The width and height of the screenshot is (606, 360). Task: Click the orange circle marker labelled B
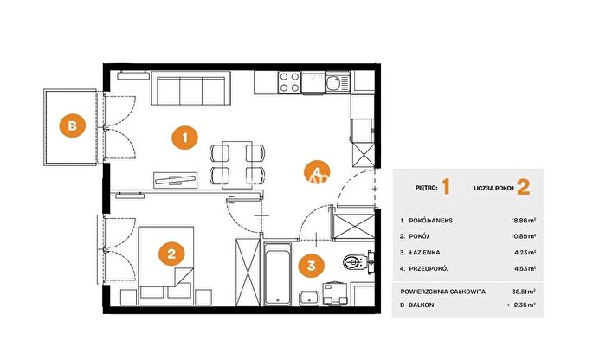click(72, 125)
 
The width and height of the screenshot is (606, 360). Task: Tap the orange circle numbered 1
click(184, 138)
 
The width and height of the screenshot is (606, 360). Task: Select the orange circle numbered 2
click(171, 254)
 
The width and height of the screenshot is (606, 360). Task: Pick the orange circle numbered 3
click(312, 266)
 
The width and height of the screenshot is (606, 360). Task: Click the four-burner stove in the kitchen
click(289, 82)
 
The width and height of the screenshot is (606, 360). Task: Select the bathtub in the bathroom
click(277, 273)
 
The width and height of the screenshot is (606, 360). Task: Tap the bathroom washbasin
click(309, 298)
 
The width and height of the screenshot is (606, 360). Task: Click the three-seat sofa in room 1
click(191, 88)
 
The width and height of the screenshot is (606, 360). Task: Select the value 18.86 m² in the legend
click(524, 221)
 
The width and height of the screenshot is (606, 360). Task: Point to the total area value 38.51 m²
click(524, 292)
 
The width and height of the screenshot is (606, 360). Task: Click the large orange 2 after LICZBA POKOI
click(523, 187)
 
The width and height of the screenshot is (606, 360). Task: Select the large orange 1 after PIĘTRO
click(446, 187)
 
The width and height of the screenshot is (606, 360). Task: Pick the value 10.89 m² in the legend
click(524, 236)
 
